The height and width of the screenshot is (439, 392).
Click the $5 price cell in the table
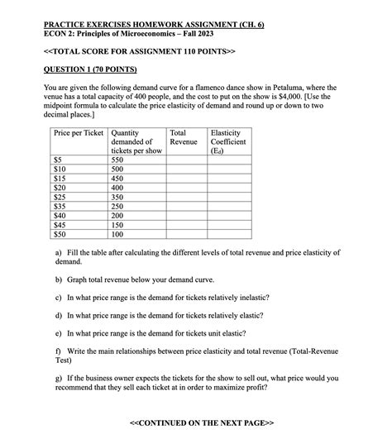59,159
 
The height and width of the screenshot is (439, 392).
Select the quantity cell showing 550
122,159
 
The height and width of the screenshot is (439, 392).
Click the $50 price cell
60,234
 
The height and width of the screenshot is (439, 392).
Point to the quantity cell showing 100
122,234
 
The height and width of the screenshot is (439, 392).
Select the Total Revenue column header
183,137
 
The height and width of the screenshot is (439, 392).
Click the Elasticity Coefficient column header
228,141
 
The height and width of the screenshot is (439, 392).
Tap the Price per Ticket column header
79,132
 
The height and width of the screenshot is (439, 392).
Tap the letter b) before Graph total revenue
59,279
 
